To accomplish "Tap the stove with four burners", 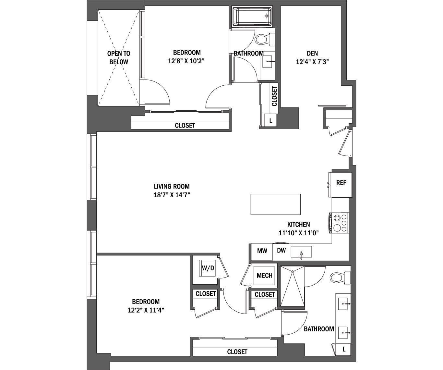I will click(x=339, y=223).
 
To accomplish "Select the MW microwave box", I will click(x=262, y=251).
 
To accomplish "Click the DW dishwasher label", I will click(x=281, y=251).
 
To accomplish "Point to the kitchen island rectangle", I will click(x=275, y=204).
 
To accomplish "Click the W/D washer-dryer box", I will click(x=208, y=268).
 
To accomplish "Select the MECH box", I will click(x=264, y=276).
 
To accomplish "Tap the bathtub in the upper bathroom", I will click(x=252, y=16).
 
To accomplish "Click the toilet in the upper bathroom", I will click(x=263, y=40).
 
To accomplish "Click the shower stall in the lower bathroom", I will click(x=292, y=286).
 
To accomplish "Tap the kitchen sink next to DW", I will click(x=301, y=252).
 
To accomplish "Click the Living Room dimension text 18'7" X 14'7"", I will click(x=172, y=195).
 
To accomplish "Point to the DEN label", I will click(x=312, y=53).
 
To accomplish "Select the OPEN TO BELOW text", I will click(x=119, y=58).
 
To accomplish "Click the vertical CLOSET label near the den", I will click(x=274, y=96).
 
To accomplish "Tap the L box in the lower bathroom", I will click(x=344, y=350).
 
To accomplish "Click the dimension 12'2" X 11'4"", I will click(x=146, y=310).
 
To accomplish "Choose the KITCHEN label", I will click(x=298, y=224).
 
